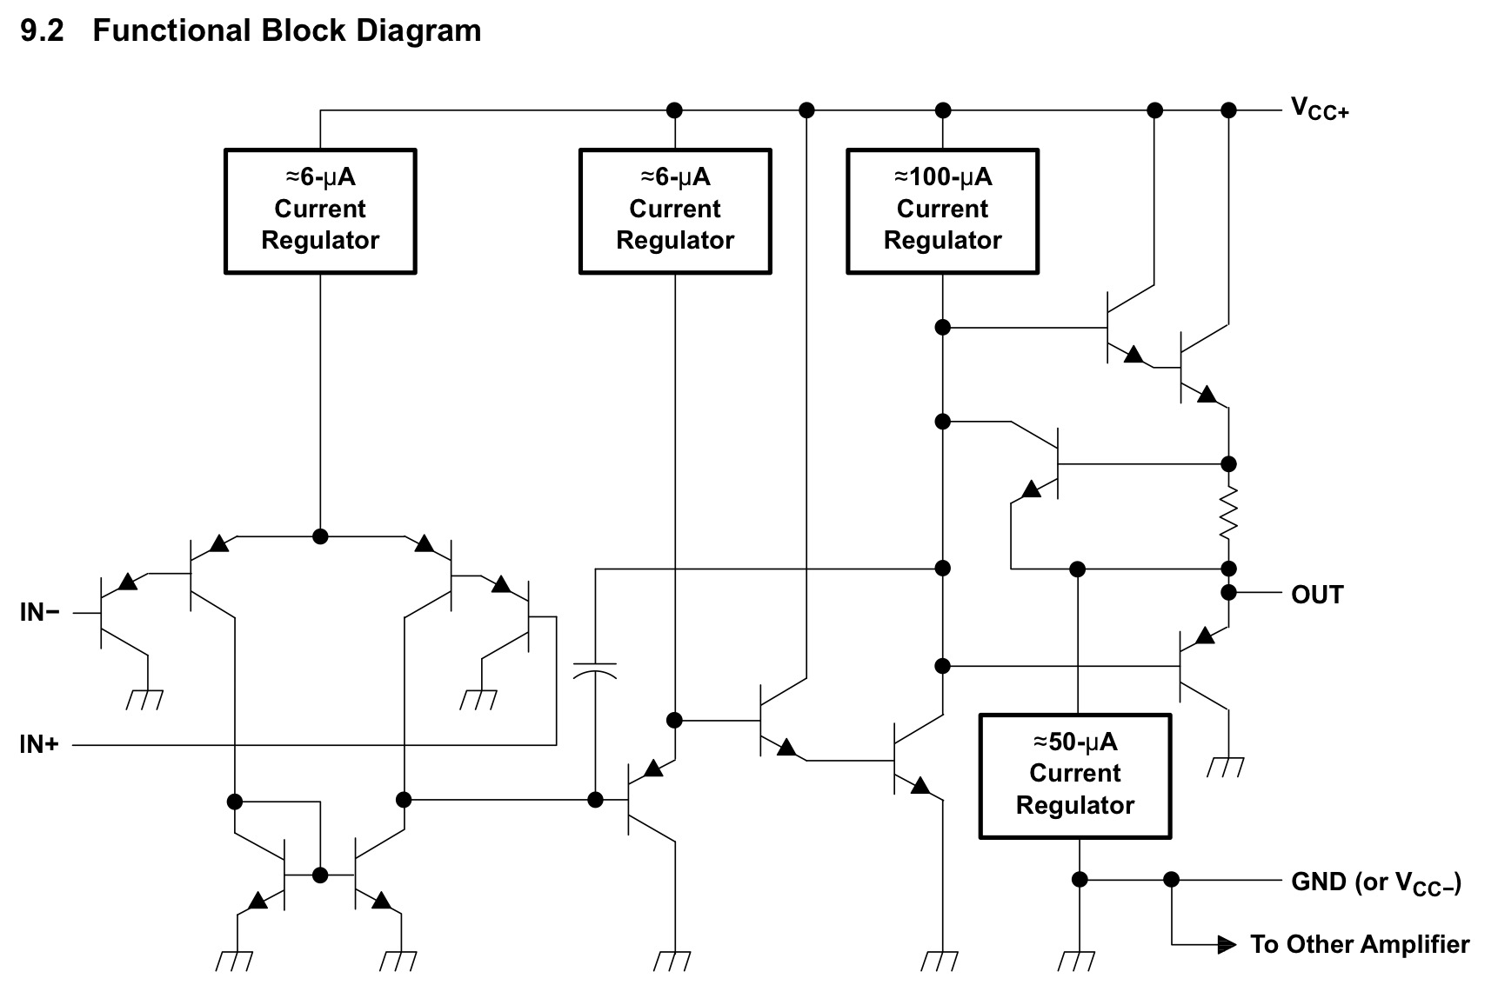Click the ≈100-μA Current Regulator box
click(x=942, y=211)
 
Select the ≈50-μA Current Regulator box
click(x=1075, y=776)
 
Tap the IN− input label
click(x=40, y=612)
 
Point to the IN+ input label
click(x=39, y=744)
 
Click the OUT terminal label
click(x=1317, y=595)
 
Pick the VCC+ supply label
click(x=1320, y=109)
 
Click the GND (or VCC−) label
click(x=1376, y=882)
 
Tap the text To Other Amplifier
click(x=1360, y=944)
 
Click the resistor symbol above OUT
click(x=1228, y=514)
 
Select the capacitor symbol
click(x=595, y=669)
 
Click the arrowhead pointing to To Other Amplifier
click(x=1227, y=944)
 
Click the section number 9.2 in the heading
click(x=42, y=31)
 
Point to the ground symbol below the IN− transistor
click(x=145, y=699)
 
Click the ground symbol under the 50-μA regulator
click(x=1079, y=960)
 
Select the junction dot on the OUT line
click(x=1228, y=593)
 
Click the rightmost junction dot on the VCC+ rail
click(x=1228, y=110)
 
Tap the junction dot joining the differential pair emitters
click(x=320, y=536)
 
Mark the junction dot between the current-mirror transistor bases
click(x=320, y=875)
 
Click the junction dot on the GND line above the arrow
click(x=1171, y=880)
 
